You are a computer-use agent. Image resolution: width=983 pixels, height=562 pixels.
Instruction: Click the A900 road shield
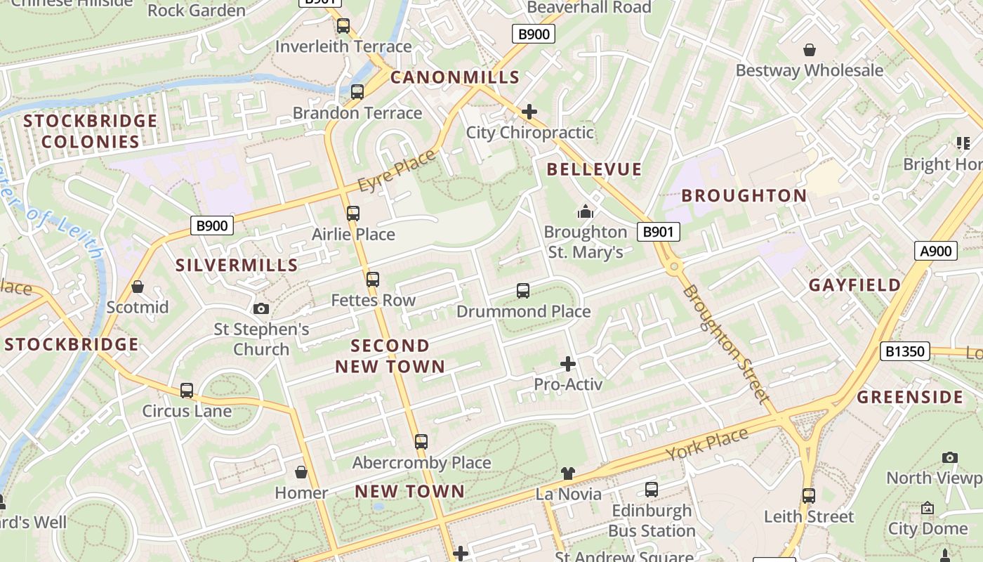coord(936,251)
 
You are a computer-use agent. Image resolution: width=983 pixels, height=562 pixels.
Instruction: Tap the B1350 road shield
coord(904,351)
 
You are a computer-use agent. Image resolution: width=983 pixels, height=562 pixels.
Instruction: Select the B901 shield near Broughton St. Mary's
coord(659,232)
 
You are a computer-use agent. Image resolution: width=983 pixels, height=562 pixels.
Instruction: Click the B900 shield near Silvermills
coord(212,226)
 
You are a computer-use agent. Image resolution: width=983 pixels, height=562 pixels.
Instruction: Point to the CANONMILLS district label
coord(454,77)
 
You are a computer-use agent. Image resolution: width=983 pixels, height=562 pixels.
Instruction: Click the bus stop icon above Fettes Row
coord(373,280)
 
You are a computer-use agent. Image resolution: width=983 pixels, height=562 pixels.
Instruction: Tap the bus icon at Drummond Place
coord(522,290)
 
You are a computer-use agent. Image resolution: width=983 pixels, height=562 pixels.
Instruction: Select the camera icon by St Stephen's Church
coord(261,308)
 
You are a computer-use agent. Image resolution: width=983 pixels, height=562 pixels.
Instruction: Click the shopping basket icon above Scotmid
coord(138,287)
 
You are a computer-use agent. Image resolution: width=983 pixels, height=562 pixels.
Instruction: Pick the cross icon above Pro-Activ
coord(568,364)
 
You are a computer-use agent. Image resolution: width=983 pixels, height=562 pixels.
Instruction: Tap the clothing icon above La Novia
coord(568,473)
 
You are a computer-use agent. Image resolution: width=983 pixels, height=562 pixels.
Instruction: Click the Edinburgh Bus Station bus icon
coord(652,490)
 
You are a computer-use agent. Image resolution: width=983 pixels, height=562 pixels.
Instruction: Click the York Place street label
coord(707,445)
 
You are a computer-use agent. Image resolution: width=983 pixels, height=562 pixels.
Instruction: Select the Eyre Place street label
coord(396,171)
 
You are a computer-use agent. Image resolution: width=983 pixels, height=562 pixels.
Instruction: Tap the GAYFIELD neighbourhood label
coord(855,285)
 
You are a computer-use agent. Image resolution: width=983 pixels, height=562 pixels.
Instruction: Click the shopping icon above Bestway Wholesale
coord(810,50)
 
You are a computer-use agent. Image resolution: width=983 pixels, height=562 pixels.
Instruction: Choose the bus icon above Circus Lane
coord(187,390)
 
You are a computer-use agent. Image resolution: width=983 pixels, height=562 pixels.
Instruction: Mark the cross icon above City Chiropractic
coord(529,112)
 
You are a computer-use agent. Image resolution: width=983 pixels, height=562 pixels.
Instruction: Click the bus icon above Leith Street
coord(809,495)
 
